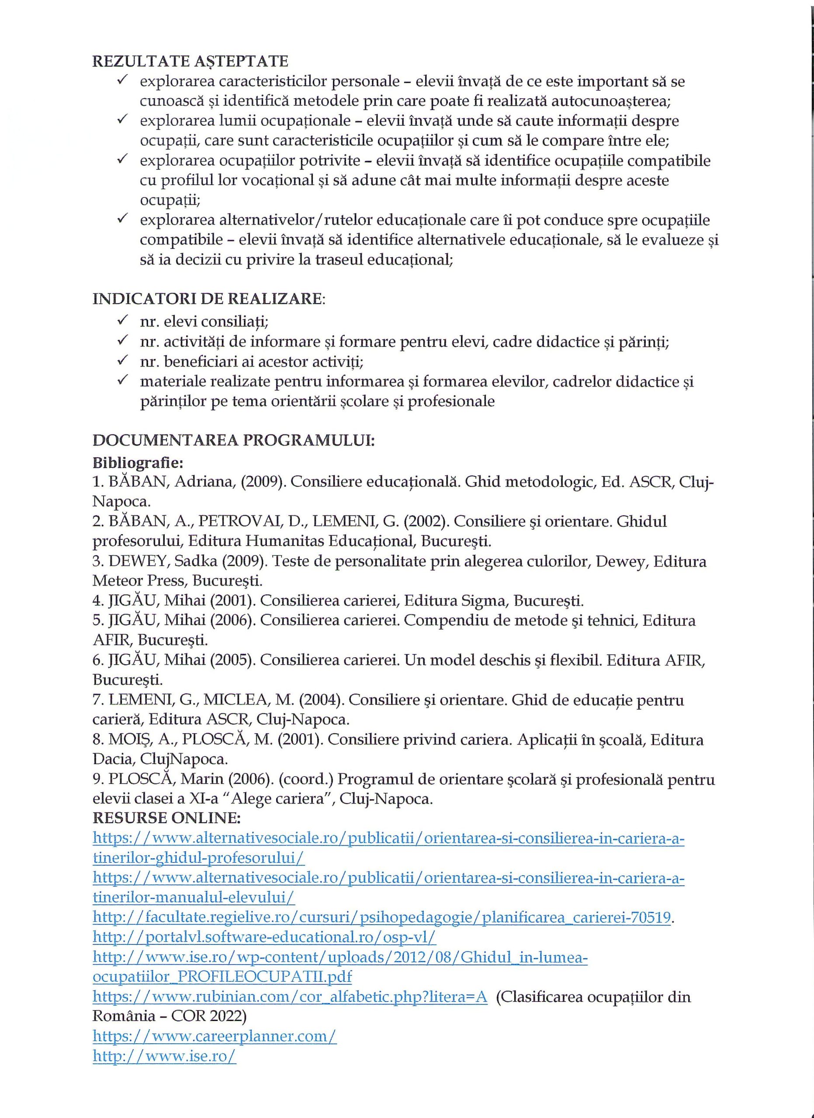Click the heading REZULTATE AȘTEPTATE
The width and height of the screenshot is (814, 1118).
click(191, 61)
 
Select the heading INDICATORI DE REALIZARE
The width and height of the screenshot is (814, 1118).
click(208, 299)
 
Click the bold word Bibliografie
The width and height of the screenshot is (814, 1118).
click(138, 462)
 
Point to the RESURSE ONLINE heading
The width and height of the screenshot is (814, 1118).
click(166, 818)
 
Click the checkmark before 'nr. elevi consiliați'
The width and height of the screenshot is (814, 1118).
click(122, 321)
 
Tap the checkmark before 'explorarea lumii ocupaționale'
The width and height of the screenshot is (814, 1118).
click(122, 120)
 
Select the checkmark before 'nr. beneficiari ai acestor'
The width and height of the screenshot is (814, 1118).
click(122, 360)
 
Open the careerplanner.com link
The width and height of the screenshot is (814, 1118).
click(215, 1036)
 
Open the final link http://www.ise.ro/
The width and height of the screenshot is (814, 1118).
click(164, 1056)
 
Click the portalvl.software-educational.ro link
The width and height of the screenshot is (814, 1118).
click(264, 937)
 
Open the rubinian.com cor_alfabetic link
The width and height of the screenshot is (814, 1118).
click(290, 997)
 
